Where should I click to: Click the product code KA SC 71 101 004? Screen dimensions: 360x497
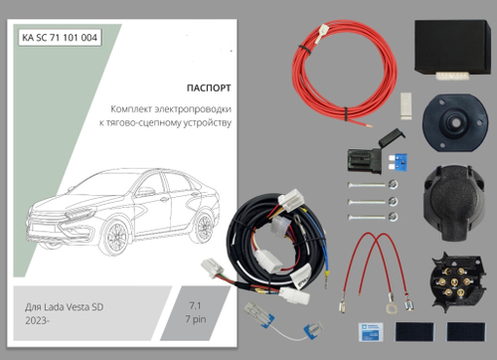[x=61, y=39]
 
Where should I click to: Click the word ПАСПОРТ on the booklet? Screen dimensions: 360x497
[x=208, y=87]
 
